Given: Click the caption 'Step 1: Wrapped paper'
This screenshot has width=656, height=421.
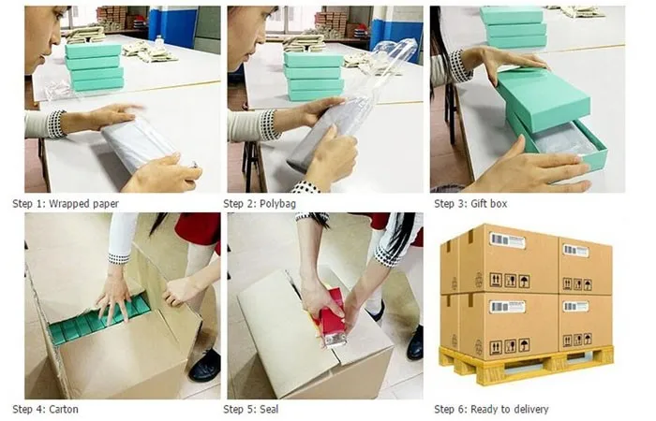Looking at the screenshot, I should click(66, 203).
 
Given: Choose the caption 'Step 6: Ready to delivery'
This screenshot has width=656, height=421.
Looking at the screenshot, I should click(491, 409).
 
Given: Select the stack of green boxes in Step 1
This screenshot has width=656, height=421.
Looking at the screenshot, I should click(93, 67).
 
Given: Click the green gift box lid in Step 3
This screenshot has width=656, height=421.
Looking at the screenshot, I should click(543, 98).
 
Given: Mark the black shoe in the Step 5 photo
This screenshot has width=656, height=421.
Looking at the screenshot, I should click(414, 343).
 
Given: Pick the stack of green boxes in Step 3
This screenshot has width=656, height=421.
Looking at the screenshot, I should click(514, 28).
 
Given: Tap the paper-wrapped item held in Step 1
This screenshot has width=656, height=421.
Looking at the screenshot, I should click(141, 145).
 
